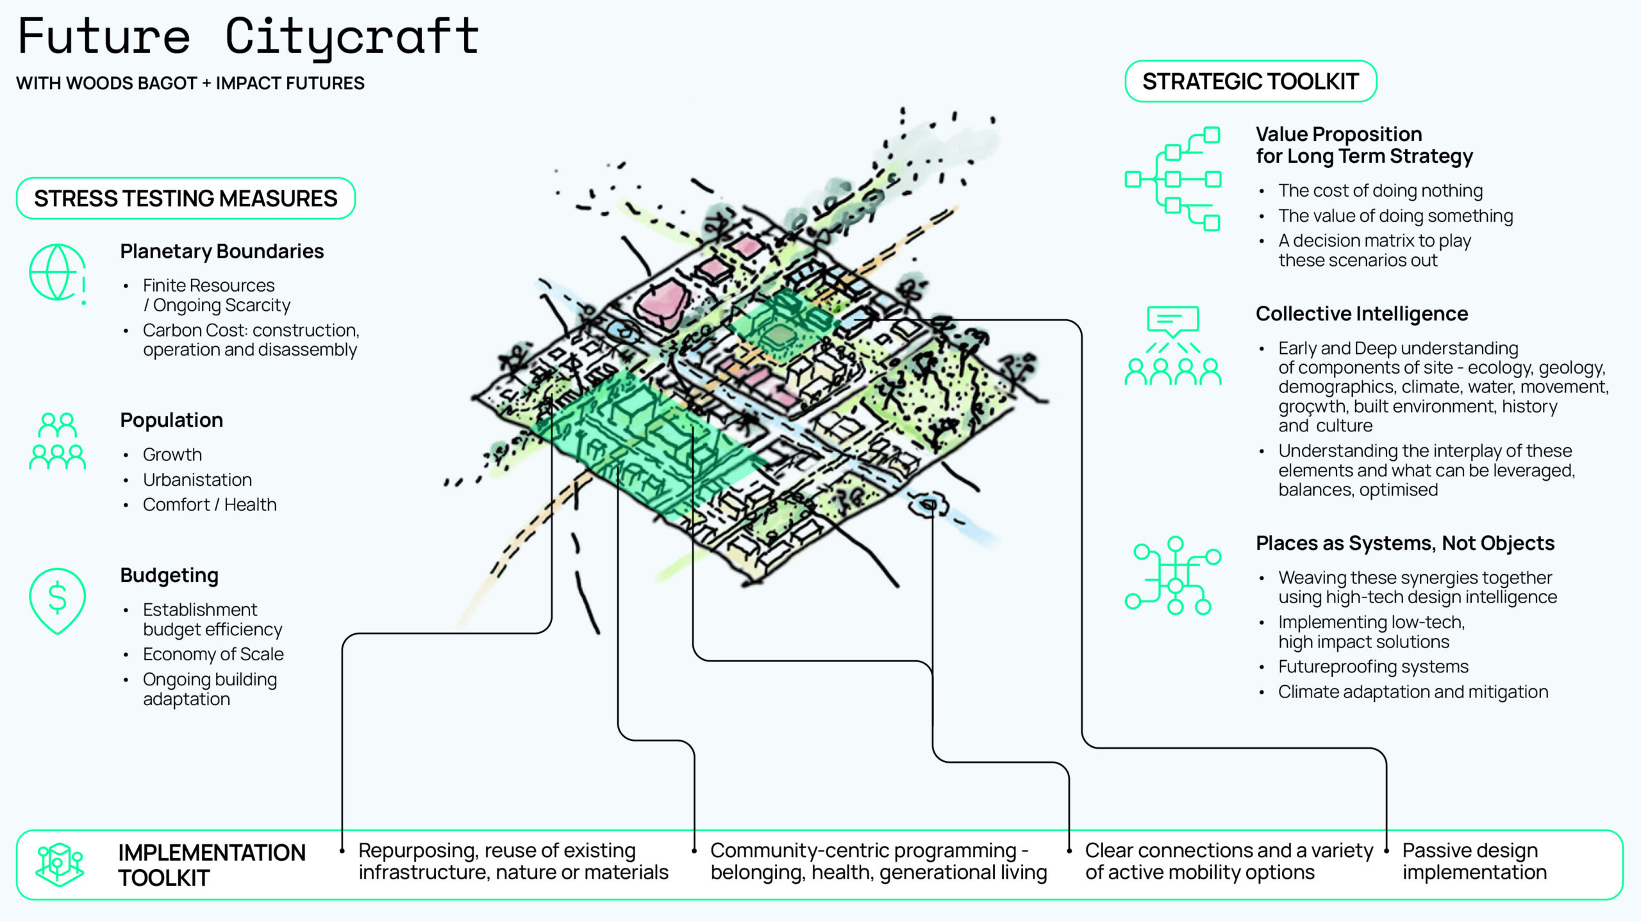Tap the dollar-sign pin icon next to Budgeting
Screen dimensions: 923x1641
coord(57,599)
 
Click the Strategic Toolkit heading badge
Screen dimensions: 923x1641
coord(1250,81)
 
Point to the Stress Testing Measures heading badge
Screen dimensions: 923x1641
coord(185,198)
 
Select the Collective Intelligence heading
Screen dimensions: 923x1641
coord(1361,313)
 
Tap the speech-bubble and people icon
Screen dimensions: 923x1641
coord(1172,345)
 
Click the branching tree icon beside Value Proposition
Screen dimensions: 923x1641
coord(1172,179)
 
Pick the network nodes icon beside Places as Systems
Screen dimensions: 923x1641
coord(1172,575)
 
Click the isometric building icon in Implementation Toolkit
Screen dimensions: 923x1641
coord(60,863)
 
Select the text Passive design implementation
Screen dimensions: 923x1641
coord(1474,861)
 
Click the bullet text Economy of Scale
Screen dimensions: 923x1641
coord(213,654)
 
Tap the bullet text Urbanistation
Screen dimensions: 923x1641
coord(197,479)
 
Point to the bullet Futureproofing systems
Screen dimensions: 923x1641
coord(1373,667)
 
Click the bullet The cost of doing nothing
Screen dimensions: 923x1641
coord(1380,190)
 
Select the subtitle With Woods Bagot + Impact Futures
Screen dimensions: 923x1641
coord(190,83)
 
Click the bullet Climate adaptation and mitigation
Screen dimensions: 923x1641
coord(1413,692)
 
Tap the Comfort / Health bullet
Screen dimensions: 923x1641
coord(210,504)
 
